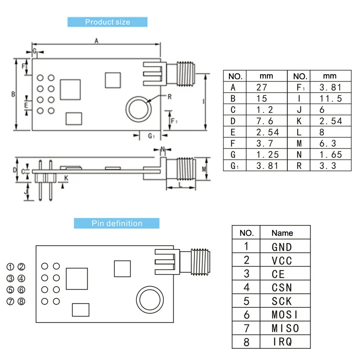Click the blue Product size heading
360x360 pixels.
coord(108,22)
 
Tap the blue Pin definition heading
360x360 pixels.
coord(117,223)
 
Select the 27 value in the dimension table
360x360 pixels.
coord(262,87)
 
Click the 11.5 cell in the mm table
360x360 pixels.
coord(331,99)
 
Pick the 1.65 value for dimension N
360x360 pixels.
coord(331,154)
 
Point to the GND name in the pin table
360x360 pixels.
coord(282,247)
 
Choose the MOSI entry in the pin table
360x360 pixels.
coord(285,315)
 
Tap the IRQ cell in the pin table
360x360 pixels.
coord(283,342)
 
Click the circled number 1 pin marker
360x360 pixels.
coord(10,267)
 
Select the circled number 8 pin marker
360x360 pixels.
coord(22,301)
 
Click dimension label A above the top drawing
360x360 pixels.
coord(96,41)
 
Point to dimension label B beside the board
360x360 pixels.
coord(13,94)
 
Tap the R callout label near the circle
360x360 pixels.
coord(170,97)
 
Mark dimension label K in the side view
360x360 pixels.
coord(66,178)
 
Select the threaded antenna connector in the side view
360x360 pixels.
coord(186,169)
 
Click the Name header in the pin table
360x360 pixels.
coord(282,233)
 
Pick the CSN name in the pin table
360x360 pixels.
coord(282,288)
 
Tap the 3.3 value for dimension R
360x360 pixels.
coord(328,166)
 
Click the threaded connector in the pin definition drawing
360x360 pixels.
coord(200,262)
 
